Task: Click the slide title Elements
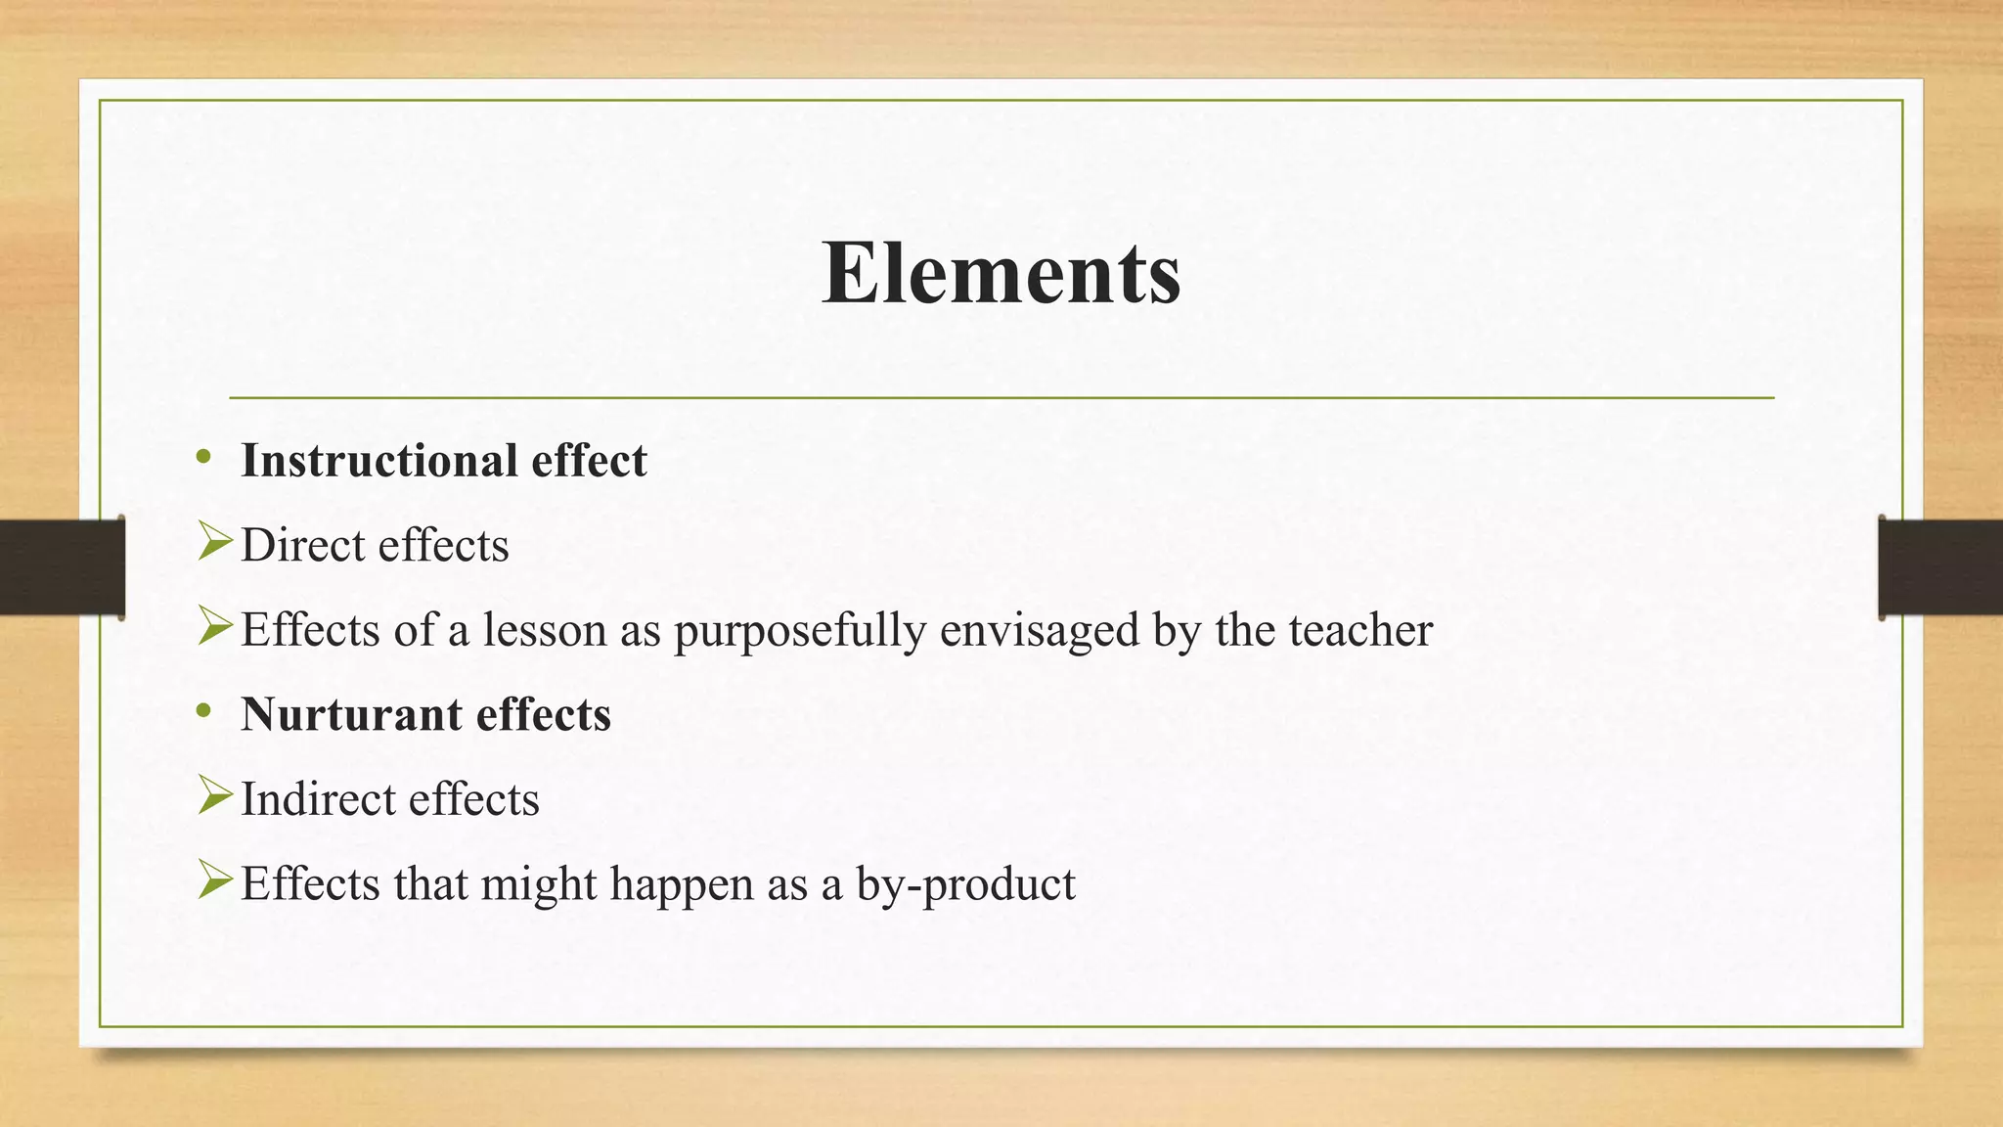click(1001, 273)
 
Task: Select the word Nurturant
click(352, 715)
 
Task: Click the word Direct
click(302, 545)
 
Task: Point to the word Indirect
click(318, 799)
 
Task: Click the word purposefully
click(799, 631)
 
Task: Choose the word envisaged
click(1040, 631)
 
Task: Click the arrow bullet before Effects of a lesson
click(214, 626)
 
